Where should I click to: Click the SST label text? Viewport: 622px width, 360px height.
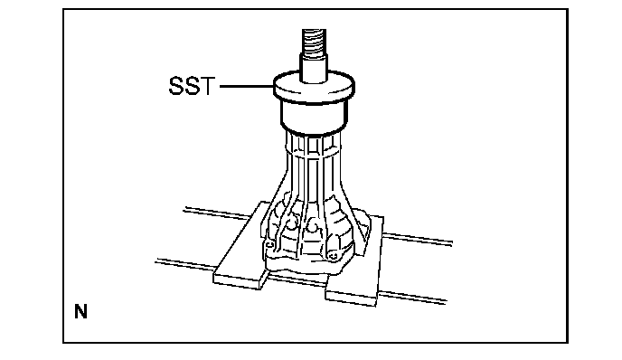pyautogui.click(x=192, y=86)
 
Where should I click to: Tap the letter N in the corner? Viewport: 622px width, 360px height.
pyautogui.click(x=80, y=311)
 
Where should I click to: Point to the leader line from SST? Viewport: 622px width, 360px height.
pyautogui.click(x=246, y=86)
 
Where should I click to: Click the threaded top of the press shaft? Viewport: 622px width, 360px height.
pyautogui.click(x=314, y=43)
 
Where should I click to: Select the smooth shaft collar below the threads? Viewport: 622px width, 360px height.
pyautogui.click(x=314, y=69)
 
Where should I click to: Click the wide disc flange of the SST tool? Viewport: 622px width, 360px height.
pyautogui.click(x=314, y=88)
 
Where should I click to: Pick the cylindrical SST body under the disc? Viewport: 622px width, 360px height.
pyautogui.click(x=314, y=118)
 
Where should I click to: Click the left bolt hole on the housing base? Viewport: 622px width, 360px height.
pyautogui.click(x=269, y=243)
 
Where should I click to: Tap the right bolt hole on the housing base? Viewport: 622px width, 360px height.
pyautogui.click(x=334, y=256)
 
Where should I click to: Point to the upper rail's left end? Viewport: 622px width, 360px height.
pyautogui.click(x=184, y=210)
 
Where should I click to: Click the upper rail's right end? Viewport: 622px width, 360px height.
pyautogui.click(x=451, y=242)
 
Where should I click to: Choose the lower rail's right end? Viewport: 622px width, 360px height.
pyautogui.click(x=445, y=302)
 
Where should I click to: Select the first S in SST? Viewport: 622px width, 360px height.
pyautogui.click(x=176, y=86)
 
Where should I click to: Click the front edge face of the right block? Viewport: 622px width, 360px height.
pyautogui.click(x=350, y=298)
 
